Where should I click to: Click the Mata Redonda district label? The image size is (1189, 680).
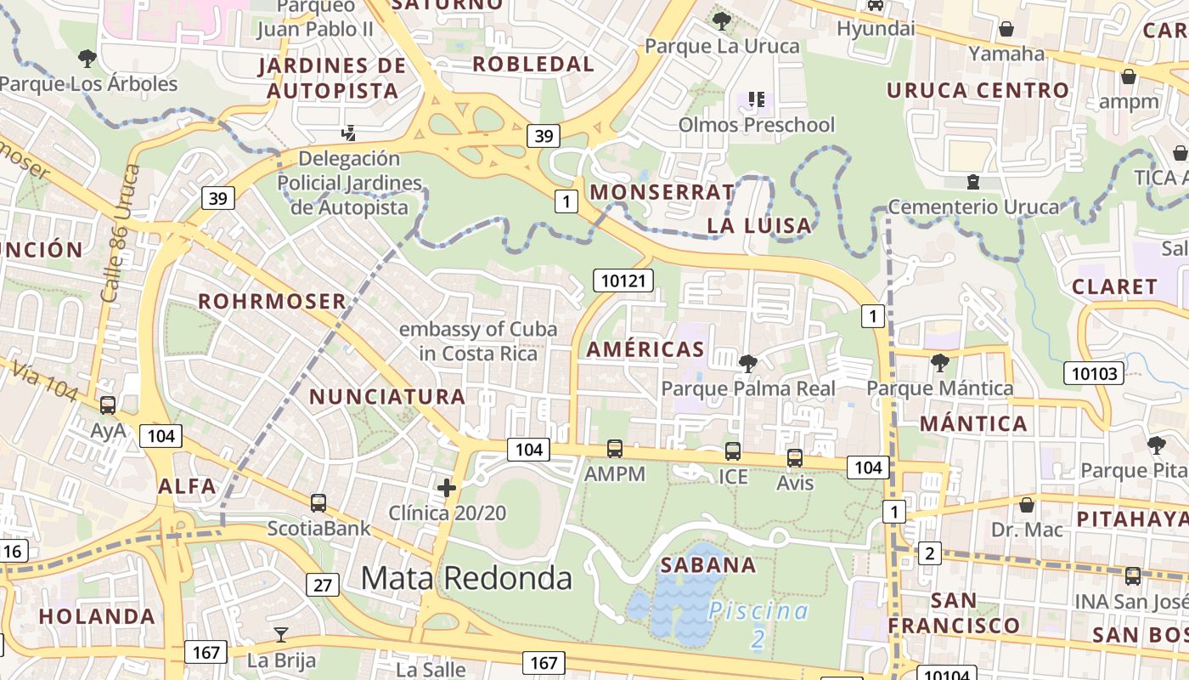466,578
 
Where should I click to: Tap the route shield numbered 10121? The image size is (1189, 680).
624,280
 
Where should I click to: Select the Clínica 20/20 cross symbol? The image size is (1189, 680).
447,488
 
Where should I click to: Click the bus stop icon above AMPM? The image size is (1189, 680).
615,449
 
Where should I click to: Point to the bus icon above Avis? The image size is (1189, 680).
795,458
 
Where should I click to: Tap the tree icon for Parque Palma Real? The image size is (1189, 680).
748,364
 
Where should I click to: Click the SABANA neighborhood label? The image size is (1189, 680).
707,565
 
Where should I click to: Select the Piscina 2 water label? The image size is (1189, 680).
758,623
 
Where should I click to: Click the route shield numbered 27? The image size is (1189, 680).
323,585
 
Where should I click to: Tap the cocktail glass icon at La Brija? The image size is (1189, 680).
281,634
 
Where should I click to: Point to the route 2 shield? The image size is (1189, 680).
930,554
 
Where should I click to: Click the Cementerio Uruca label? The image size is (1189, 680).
973,207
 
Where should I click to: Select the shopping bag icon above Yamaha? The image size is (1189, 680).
1006,29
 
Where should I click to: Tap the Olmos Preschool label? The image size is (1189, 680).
756,125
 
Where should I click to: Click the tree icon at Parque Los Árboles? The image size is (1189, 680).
87,59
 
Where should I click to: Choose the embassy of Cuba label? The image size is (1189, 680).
478,341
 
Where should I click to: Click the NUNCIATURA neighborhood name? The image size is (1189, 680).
387,396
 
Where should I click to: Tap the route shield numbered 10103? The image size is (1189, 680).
1093,372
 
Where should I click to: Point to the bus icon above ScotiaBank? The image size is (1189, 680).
318,502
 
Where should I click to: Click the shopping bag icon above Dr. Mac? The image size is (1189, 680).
1027,505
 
